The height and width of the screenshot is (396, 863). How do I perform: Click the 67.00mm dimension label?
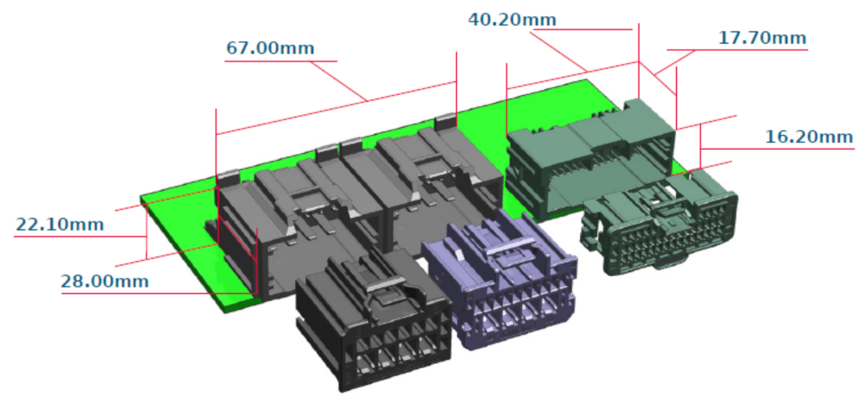270,49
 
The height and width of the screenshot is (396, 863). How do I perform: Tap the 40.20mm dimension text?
512,20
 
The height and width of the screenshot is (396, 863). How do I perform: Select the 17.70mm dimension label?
762,38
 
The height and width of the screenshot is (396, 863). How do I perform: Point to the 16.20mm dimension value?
809,137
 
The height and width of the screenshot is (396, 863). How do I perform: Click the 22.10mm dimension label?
59,224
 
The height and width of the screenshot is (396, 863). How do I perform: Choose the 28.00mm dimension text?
105,281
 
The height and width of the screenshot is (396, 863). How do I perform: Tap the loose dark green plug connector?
659,224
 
